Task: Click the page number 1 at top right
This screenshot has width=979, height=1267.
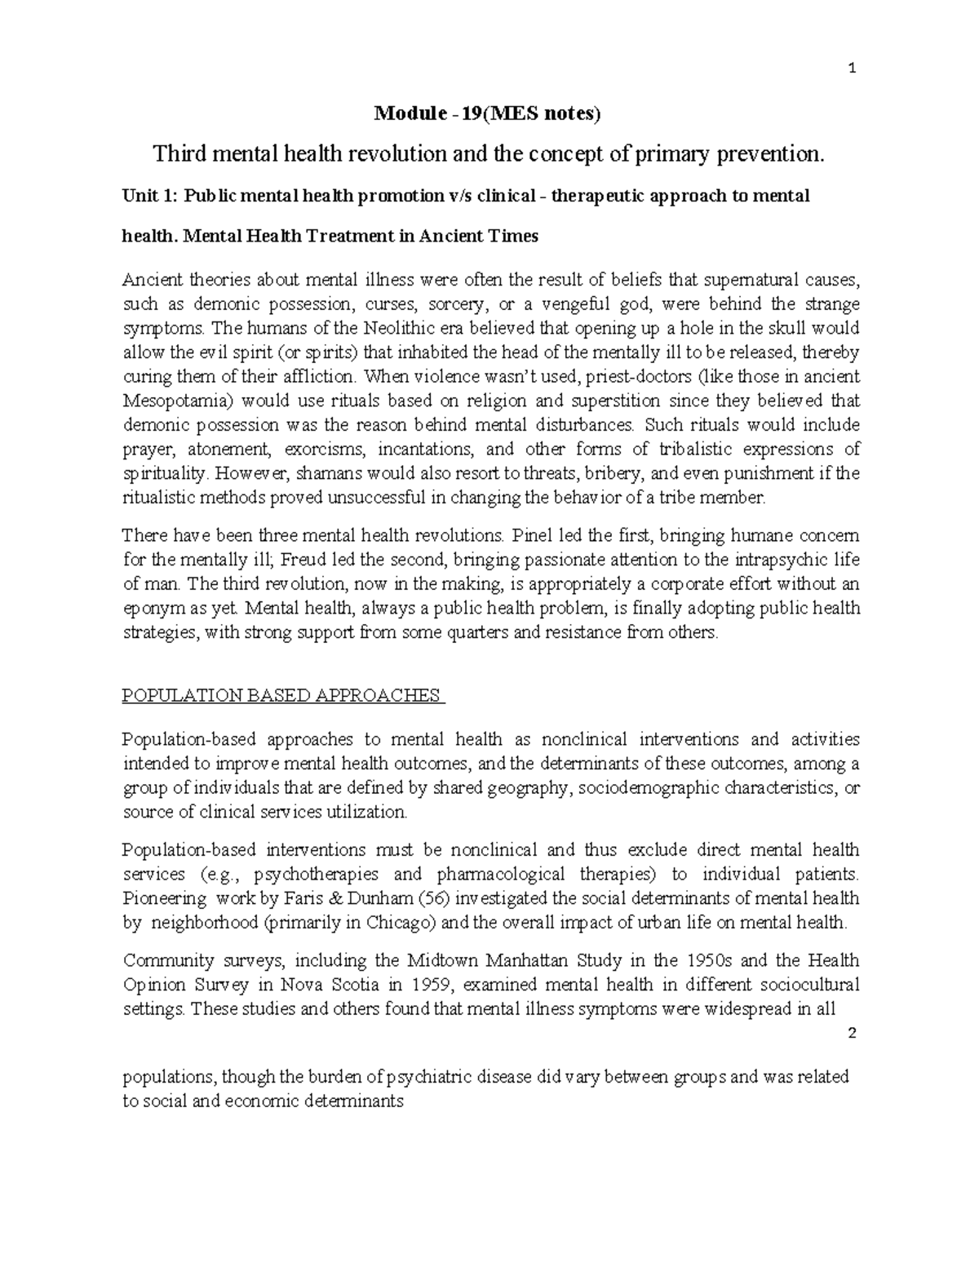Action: coord(852,69)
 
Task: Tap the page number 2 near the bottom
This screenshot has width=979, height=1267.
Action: coord(852,1033)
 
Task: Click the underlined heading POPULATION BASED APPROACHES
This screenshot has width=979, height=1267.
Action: coord(281,696)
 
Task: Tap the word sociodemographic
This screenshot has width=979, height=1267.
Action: coord(649,788)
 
